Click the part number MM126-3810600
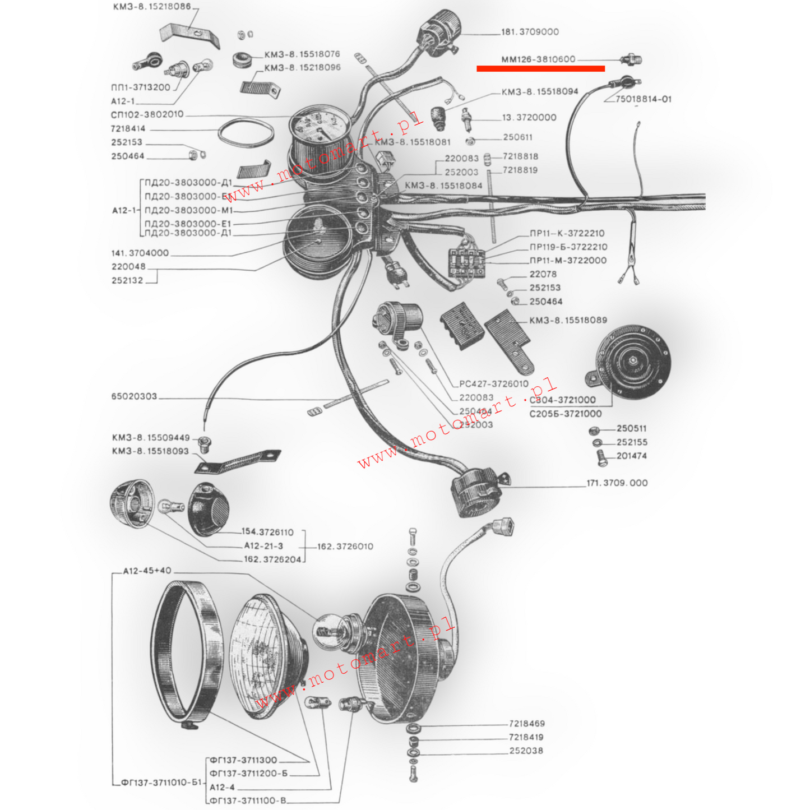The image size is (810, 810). pyautogui.click(x=538, y=59)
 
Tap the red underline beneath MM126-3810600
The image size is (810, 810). pyautogui.click(x=540, y=69)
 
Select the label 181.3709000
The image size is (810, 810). pyautogui.click(x=530, y=32)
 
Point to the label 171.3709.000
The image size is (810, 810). pyautogui.click(x=617, y=483)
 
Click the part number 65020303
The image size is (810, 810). pyautogui.click(x=134, y=396)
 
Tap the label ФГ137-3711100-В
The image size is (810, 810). pyautogui.click(x=248, y=800)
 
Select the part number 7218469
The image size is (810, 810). pyautogui.click(x=527, y=724)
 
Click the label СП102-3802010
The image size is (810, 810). pyautogui.click(x=147, y=115)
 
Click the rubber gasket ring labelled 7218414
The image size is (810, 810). pyautogui.click(x=246, y=135)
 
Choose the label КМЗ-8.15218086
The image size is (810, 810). pyautogui.click(x=151, y=7)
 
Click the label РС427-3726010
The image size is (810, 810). pyautogui.click(x=494, y=384)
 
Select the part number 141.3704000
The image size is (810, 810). pyautogui.click(x=140, y=253)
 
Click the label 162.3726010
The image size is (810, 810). pyautogui.click(x=345, y=547)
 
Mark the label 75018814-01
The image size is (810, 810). pyautogui.click(x=643, y=99)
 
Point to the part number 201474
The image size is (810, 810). pyautogui.click(x=632, y=456)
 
